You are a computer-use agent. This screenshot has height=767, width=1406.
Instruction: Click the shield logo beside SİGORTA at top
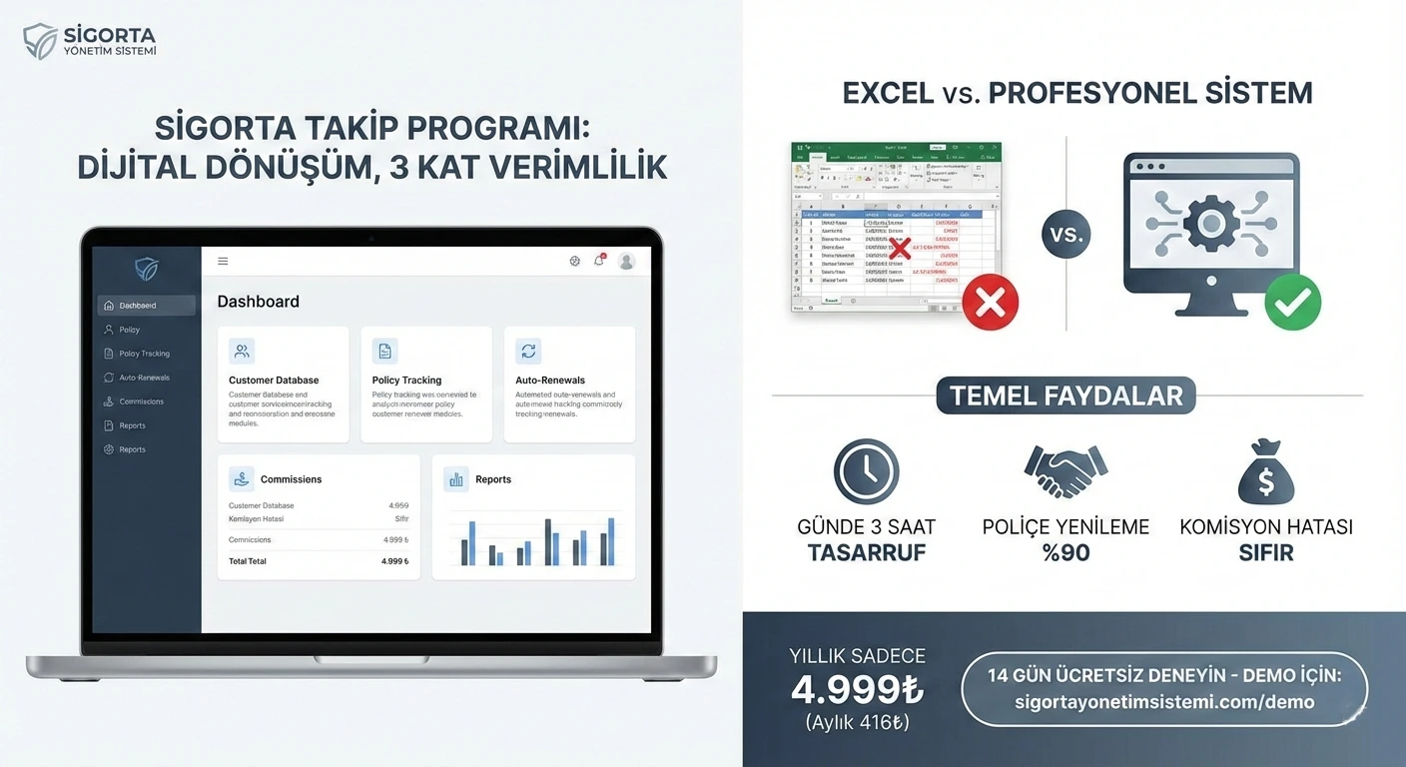pyautogui.click(x=40, y=41)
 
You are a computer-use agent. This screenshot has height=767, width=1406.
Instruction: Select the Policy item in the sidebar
pyautogui.click(x=129, y=330)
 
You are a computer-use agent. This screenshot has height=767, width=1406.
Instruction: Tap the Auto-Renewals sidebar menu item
pyautogui.click(x=144, y=378)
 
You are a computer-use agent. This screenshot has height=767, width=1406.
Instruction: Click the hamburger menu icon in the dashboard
pyautogui.click(x=223, y=262)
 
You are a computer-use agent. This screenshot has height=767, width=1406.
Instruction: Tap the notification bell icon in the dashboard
pyautogui.click(x=599, y=261)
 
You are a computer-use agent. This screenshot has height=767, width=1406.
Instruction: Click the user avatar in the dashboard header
pyautogui.click(x=626, y=262)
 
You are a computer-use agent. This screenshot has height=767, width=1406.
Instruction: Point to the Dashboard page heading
pyautogui.click(x=258, y=302)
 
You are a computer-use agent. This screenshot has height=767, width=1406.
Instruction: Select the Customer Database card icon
pyautogui.click(x=241, y=351)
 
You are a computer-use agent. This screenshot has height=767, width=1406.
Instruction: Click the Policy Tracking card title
pyautogui.click(x=406, y=381)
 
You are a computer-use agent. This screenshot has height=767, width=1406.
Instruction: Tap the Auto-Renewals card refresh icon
pyautogui.click(x=528, y=351)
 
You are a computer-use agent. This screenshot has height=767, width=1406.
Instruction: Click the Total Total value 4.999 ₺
pyautogui.click(x=394, y=561)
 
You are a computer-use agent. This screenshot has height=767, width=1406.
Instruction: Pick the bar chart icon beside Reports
pyautogui.click(x=456, y=479)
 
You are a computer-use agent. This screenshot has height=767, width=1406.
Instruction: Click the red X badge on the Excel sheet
pyautogui.click(x=990, y=304)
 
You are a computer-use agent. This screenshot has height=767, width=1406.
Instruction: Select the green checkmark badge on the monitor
pyautogui.click(x=1292, y=303)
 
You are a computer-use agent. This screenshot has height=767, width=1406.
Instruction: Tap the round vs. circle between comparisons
pyautogui.click(x=1066, y=236)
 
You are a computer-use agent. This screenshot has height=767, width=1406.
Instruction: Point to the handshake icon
pyautogui.click(x=1065, y=471)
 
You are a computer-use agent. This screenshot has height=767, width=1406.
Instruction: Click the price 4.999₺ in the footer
pyautogui.click(x=857, y=689)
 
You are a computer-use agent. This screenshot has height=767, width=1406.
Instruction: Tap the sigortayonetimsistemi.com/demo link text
pyautogui.click(x=1163, y=702)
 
